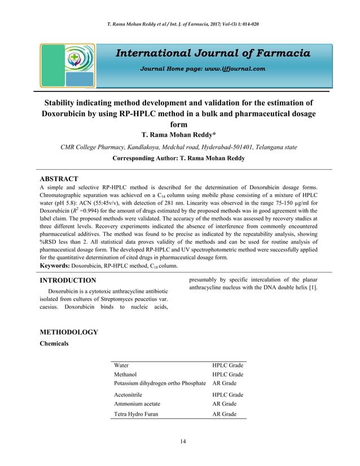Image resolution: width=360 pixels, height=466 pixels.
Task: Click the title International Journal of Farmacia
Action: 213,54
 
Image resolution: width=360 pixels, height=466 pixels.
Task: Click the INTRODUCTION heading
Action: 66,280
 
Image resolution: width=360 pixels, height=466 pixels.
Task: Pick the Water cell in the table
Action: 121,366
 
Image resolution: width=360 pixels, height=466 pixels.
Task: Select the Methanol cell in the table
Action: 125,375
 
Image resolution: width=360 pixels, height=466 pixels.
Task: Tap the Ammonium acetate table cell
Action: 137,404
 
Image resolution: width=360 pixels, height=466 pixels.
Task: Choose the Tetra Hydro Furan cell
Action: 136,414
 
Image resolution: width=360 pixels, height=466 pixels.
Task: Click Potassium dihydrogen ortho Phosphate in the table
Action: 160,384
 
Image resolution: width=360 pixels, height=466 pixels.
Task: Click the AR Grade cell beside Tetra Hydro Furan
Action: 224,414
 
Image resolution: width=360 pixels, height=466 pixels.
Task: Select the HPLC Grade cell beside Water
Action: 227,366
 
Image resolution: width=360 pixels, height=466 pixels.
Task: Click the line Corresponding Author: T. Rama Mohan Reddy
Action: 179,159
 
